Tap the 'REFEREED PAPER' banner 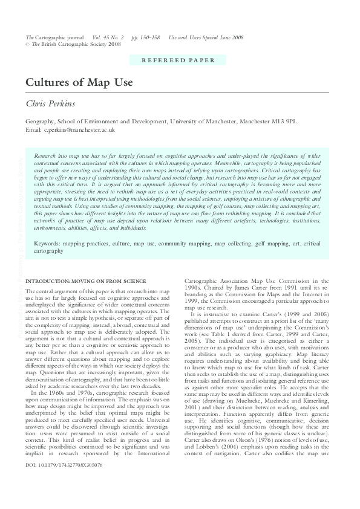[178, 60]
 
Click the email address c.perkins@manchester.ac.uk [79, 130]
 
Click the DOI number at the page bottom [64, 482]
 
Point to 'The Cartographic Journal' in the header [54, 37]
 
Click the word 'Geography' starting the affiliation [41, 122]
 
